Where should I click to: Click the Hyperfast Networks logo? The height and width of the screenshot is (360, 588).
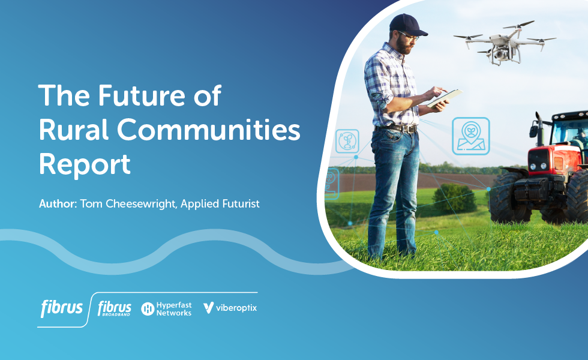[x=166, y=308]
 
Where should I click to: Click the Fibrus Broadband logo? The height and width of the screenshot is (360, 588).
[x=114, y=308]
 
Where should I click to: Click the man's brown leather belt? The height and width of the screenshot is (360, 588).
[x=396, y=128]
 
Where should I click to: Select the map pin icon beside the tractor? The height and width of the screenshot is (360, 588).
[x=470, y=134]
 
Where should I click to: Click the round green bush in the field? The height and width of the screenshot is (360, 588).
[x=454, y=197]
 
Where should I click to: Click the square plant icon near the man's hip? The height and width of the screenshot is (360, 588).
[x=347, y=141]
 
